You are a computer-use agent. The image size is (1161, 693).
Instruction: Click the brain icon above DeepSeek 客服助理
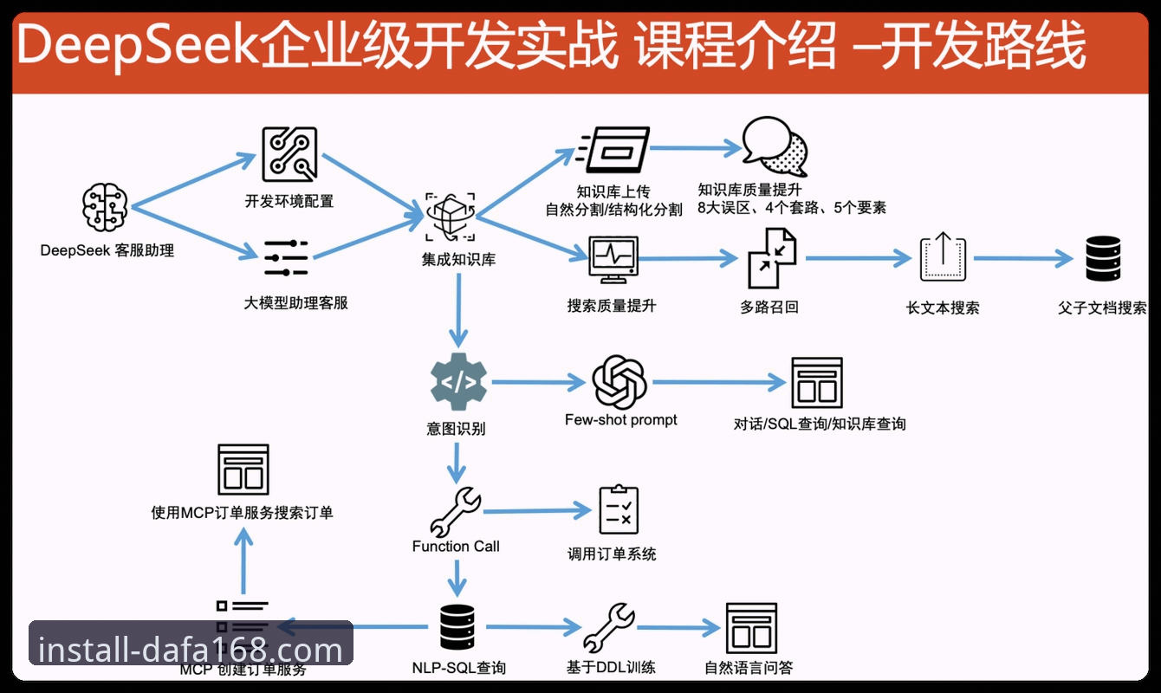(x=105, y=207)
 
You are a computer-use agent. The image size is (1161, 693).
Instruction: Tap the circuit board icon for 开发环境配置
(x=289, y=154)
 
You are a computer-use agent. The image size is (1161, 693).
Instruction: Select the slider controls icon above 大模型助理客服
(x=286, y=257)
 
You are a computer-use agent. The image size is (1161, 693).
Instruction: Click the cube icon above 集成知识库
(x=451, y=217)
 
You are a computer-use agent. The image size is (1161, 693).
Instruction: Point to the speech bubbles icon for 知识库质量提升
(x=775, y=146)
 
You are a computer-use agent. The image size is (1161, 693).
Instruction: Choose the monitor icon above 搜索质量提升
(x=613, y=260)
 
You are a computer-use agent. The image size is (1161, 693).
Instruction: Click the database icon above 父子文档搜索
(x=1103, y=258)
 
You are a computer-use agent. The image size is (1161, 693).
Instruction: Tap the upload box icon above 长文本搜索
(x=943, y=257)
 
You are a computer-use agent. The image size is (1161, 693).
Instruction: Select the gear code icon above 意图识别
(x=458, y=382)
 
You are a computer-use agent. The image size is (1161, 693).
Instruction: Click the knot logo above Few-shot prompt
(x=619, y=382)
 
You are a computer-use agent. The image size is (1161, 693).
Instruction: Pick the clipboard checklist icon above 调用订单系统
(x=619, y=509)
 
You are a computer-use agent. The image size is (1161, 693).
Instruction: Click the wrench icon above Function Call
(x=456, y=512)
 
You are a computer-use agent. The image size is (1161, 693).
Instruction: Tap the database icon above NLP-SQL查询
(x=457, y=626)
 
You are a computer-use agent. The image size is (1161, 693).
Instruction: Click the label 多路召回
(x=769, y=308)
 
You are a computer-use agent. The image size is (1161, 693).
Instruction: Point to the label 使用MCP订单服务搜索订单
(x=242, y=513)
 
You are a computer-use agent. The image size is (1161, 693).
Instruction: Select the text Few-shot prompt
(x=621, y=420)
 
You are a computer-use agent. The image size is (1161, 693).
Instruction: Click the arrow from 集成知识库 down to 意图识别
(x=458, y=310)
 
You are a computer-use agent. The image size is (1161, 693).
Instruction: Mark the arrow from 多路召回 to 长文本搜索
(x=859, y=257)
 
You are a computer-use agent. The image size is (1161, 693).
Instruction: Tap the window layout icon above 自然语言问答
(x=751, y=628)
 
